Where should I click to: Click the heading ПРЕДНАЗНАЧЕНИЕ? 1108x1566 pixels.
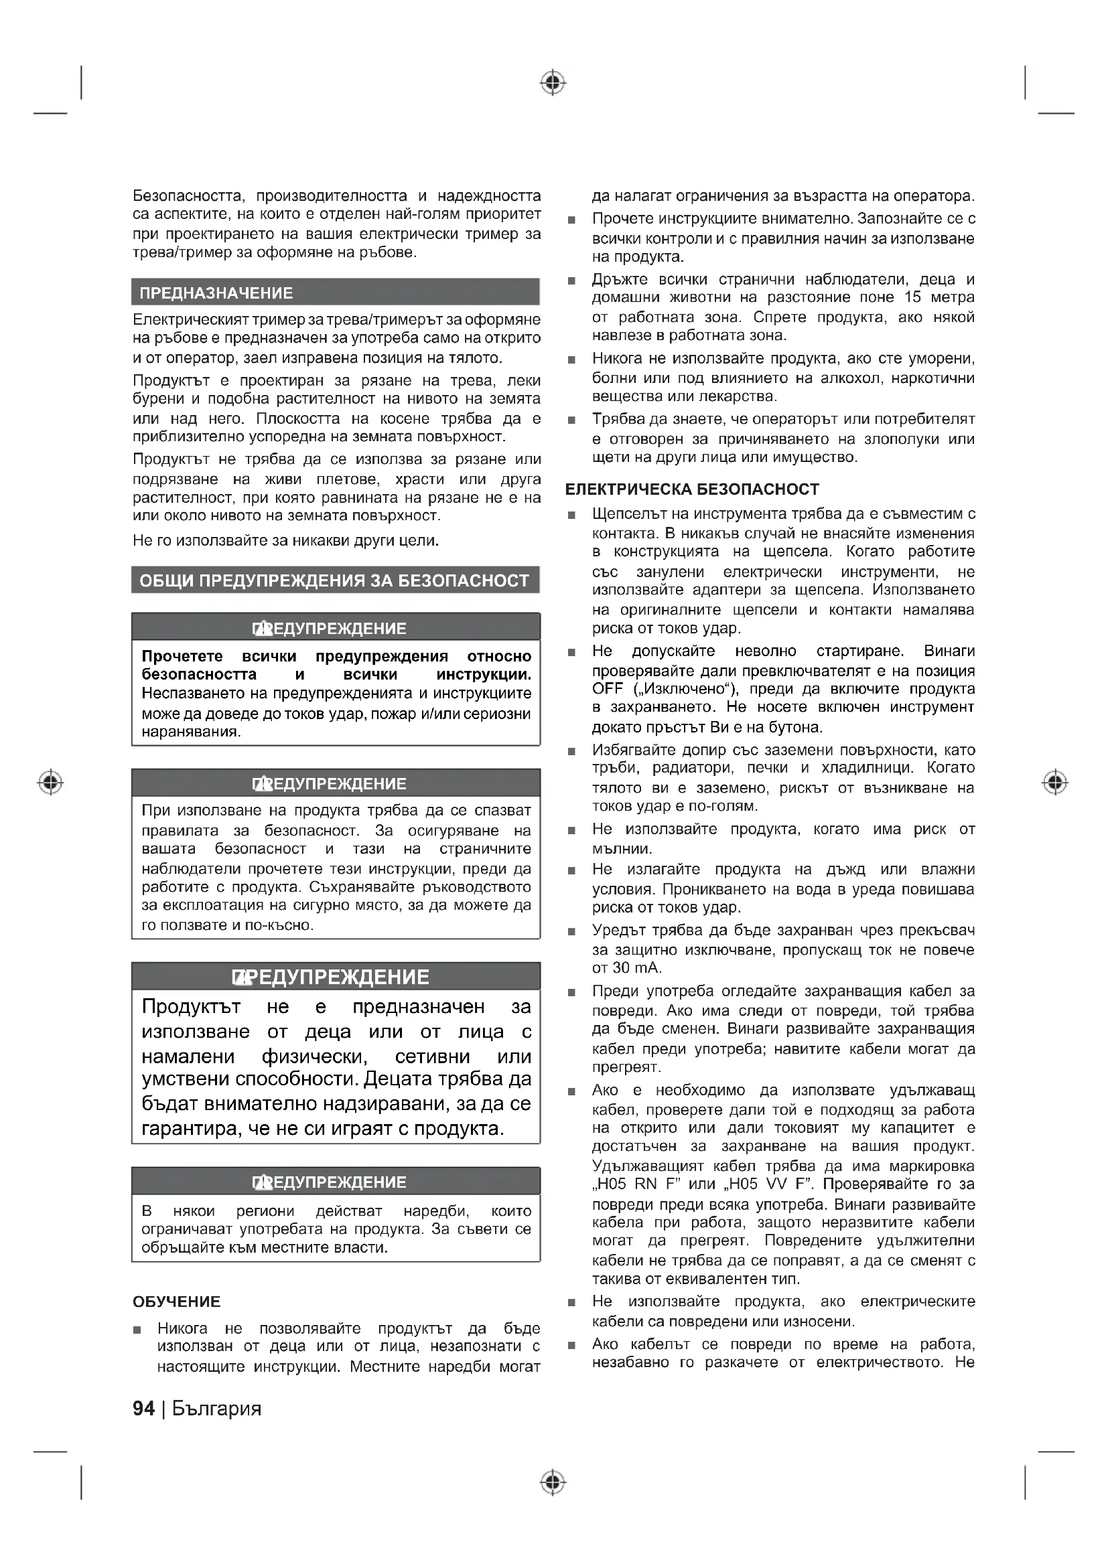[216, 293]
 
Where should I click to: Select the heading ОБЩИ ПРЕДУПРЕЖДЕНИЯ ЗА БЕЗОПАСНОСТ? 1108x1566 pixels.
[334, 580]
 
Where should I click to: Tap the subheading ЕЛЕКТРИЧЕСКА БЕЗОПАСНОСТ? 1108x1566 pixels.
[692, 489]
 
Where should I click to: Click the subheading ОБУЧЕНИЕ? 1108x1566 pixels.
[177, 1302]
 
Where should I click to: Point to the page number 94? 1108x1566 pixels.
[143, 1409]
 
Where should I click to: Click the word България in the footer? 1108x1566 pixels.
[217, 1409]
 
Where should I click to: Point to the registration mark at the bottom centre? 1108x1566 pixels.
[553, 1482]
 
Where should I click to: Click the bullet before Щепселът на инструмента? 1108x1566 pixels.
[571, 515]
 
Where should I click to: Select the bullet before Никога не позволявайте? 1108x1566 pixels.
[137, 1330]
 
